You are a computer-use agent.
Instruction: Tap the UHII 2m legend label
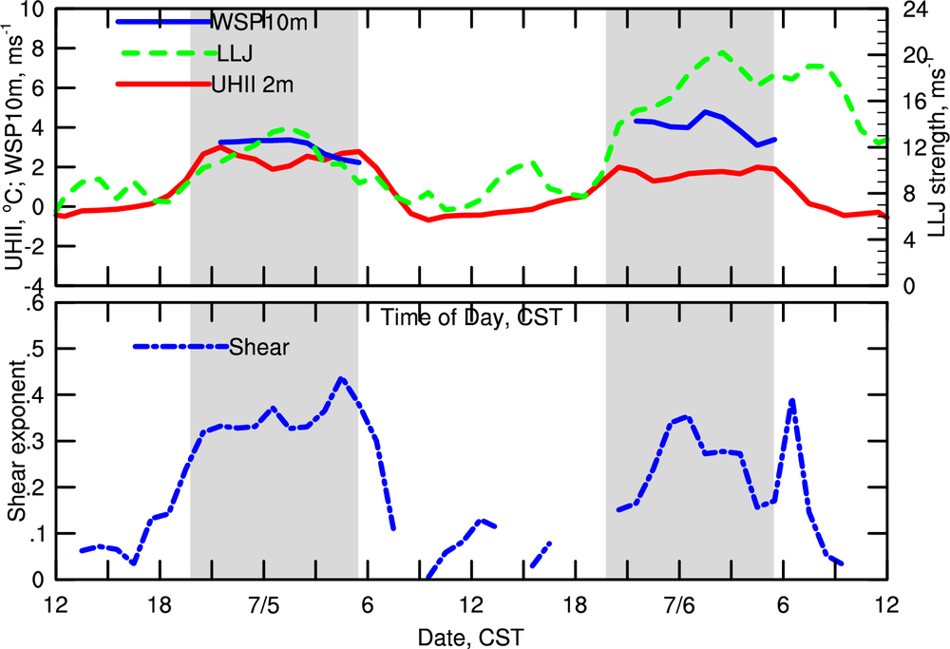(x=252, y=86)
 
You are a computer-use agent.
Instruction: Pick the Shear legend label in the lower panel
(x=258, y=348)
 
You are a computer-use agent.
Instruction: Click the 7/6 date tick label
(x=679, y=604)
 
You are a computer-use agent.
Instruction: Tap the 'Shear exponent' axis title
(x=16, y=442)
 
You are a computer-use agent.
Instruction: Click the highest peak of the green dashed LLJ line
(x=721, y=52)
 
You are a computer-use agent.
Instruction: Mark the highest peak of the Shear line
(x=342, y=378)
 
